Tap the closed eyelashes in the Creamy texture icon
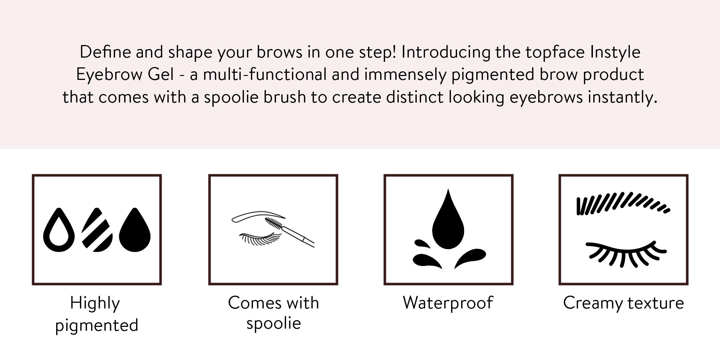pyautogui.click(x=626, y=254)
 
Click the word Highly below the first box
pyautogui.click(x=95, y=303)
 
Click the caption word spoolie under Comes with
pyautogui.click(x=274, y=324)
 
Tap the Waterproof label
pyautogui.click(x=448, y=303)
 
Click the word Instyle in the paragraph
pyautogui.click(x=615, y=53)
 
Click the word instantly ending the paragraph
pyautogui.click(x=623, y=98)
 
